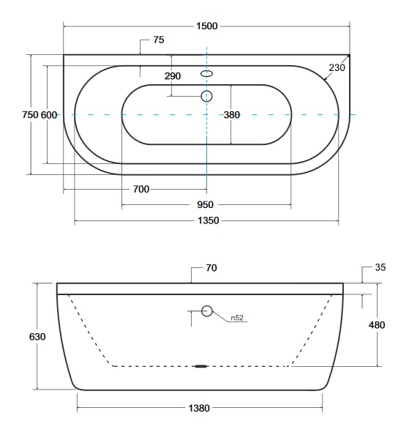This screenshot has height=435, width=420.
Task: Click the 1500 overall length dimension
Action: click(x=207, y=26)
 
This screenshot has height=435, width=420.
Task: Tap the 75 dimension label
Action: click(x=159, y=40)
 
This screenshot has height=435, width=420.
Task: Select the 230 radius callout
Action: click(x=337, y=67)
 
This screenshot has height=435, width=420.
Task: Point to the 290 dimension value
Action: click(x=173, y=75)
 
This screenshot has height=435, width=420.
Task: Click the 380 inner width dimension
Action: click(x=232, y=115)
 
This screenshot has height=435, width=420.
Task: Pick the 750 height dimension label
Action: click(x=30, y=114)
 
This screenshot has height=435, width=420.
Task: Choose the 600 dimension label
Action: click(x=49, y=114)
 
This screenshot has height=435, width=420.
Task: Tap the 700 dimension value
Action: click(x=141, y=189)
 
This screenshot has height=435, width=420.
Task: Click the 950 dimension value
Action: click(x=205, y=205)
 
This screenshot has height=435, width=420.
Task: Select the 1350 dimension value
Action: click(x=209, y=220)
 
